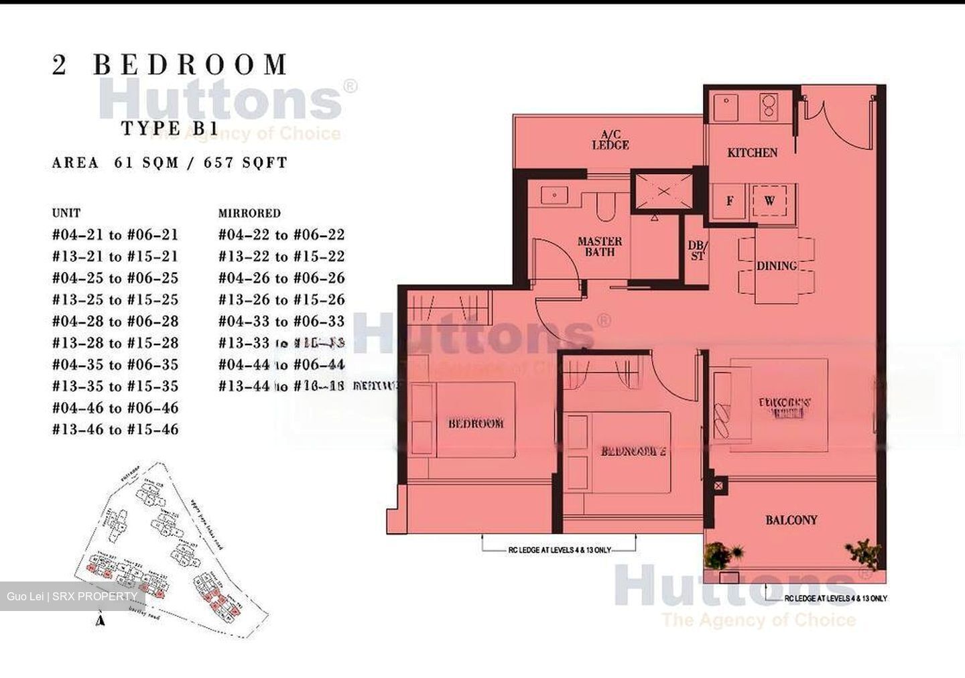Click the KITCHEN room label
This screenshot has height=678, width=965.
click(x=752, y=153)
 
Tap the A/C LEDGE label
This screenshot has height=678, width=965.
click(x=610, y=139)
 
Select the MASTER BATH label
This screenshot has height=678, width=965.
click(x=599, y=246)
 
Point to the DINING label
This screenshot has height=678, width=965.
click(x=777, y=266)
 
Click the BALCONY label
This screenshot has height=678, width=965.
click(x=791, y=520)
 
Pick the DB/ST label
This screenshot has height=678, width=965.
click(x=697, y=251)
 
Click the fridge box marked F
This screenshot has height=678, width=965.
click(x=730, y=200)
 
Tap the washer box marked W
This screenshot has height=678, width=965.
click(x=769, y=200)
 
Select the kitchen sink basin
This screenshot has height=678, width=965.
click(x=724, y=107)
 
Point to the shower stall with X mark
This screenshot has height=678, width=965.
click(x=663, y=192)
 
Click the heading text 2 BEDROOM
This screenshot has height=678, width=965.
click(x=170, y=65)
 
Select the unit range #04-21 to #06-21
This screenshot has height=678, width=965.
click(x=115, y=234)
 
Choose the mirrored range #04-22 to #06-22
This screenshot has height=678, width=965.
click(x=281, y=234)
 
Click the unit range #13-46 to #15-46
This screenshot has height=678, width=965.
click(x=115, y=429)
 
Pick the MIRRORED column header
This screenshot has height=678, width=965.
click(x=249, y=213)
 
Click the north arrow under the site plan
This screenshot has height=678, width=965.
click(x=101, y=620)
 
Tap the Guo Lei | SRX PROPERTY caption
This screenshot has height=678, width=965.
click(x=72, y=596)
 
